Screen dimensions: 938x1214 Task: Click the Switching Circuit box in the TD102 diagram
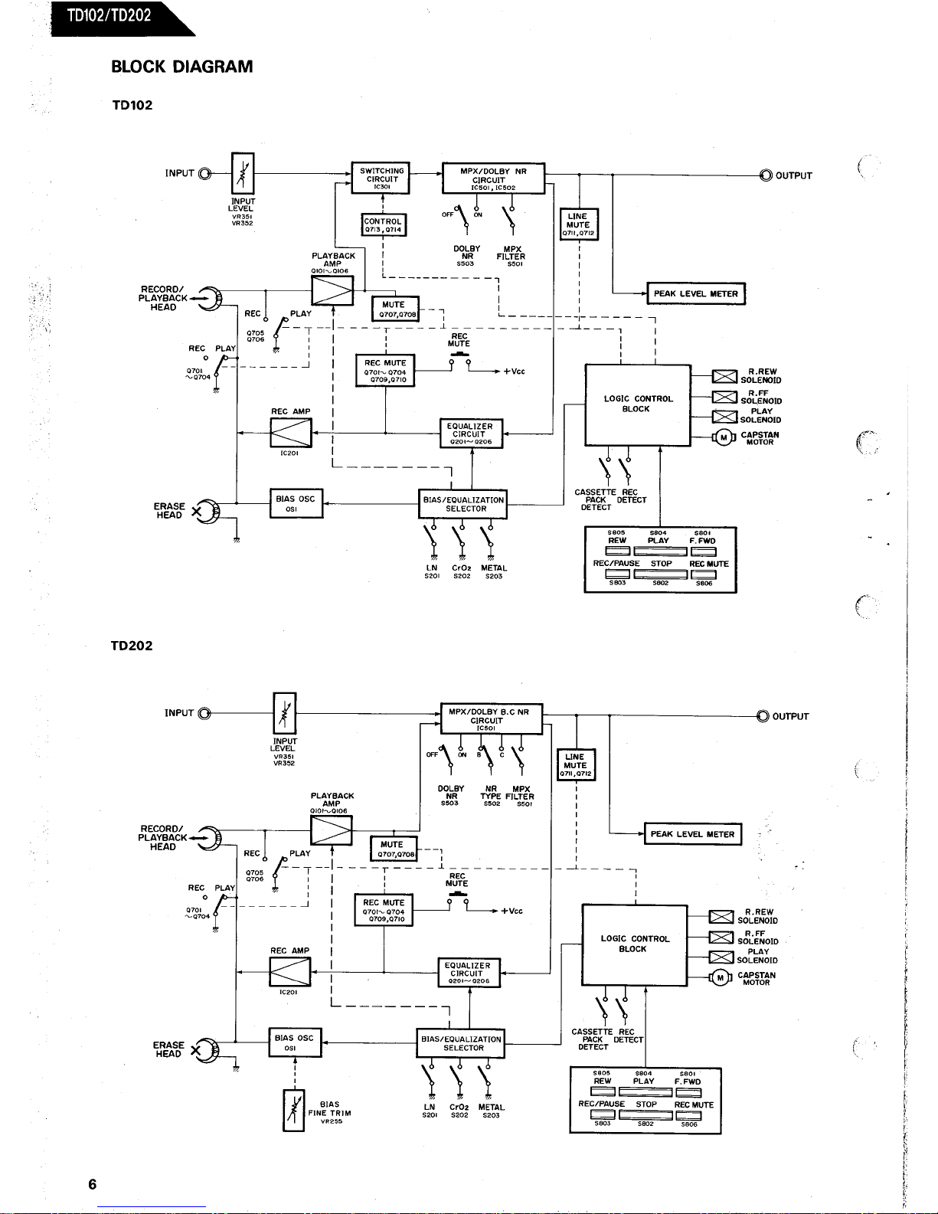click(x=381, y=178)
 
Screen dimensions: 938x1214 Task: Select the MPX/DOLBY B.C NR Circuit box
click(x=492, y=718)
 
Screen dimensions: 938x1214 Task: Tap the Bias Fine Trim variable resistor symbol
click(x=294, y=1111)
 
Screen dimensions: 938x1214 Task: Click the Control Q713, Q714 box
click(x=383, y=224)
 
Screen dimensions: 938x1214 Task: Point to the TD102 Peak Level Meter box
click(x=696, y=294)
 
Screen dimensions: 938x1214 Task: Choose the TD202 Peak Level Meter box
click(x=692, y=834)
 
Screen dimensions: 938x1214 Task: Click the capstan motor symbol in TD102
click(x=724, y=437)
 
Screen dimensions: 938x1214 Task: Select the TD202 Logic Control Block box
click(x=634, y=945)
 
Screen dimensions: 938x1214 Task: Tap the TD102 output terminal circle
click(x=766, y=175)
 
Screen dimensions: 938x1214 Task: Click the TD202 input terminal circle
click(x=205, y=713)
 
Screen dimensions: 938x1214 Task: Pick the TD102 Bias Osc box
click(x=296, y=503)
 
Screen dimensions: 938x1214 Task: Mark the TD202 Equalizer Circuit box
click(x=469, y=973)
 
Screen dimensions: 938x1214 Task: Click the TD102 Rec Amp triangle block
click(x=291, y=433)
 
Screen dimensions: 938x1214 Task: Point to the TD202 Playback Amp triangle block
click(x=331, y=831)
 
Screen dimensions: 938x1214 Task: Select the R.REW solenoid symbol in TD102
click(x=724, y=377)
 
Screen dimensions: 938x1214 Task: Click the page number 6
click(x=93, y=1184)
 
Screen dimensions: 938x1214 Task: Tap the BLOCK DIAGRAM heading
click(x=182, y=67)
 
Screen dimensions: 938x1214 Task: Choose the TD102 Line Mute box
click(x=579, y=224)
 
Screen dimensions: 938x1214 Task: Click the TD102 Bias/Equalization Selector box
click(x=462, y=504)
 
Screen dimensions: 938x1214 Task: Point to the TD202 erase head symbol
click(x=205, y=1051)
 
